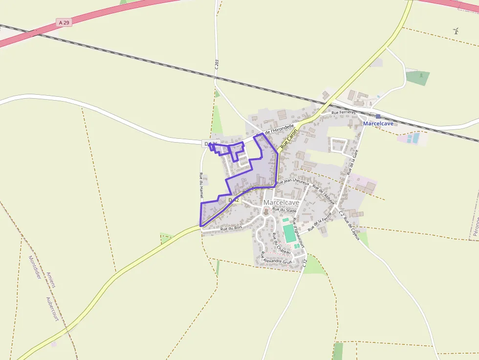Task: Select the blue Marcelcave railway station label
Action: pos(378,124)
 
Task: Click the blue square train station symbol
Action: pos(378,116)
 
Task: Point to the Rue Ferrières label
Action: pos(344,112)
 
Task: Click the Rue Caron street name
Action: pos(289,142)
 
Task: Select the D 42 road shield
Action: pos(234,200)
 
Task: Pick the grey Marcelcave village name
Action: pos(281,202)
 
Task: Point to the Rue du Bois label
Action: pos(231,228)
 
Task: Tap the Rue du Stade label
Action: pos(284,210)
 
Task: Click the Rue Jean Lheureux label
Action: pos(293,182)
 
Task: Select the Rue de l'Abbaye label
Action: pos(324,194)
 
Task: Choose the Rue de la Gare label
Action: pos(352,163)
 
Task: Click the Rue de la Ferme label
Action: pos(320,222)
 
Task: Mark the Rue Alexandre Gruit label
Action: pos(276,258)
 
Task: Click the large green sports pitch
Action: pos(289,233)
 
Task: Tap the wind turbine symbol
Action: pos(456,31)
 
